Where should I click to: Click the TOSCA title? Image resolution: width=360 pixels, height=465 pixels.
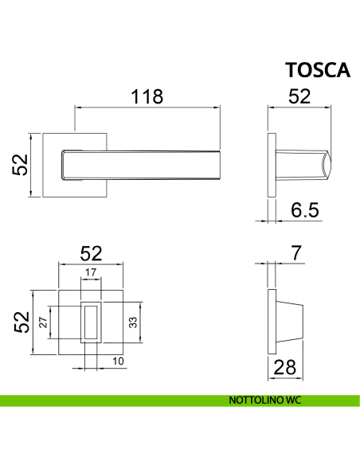(x=318, y=70)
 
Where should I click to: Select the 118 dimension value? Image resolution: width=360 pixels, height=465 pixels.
(x=147, y=96)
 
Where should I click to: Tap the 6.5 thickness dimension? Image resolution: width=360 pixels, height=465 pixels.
(x=305, y=209)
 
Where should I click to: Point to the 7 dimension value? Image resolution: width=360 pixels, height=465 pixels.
(x=296, y=253)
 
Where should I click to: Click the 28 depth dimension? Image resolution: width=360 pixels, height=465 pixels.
(x=284, y=367)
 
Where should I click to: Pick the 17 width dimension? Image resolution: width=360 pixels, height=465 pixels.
(x=91, y=272)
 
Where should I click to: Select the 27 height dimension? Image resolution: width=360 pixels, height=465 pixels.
(x=43, y=322)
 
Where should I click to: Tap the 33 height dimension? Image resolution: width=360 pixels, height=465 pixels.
(x=133, y=322)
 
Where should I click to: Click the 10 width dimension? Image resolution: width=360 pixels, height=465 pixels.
(x=118, y=361)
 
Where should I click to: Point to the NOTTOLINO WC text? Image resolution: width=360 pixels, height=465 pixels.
(x=264, y=400)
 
